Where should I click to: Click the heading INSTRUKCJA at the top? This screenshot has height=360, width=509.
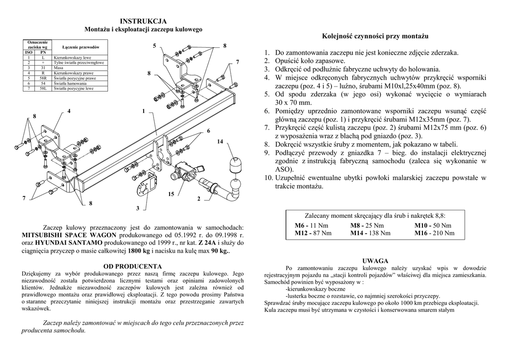point(143,21)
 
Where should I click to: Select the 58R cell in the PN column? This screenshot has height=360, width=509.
point(43,78)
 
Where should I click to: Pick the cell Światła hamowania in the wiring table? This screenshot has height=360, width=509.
point(69,84)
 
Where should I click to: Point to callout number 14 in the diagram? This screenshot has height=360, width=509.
point(220,142)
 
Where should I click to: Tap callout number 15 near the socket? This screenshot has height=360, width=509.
point(171,194)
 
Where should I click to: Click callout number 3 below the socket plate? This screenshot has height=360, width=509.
point(137,207)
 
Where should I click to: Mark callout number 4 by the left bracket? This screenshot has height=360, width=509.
point(69,110)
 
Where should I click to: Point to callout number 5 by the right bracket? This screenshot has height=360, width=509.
point(155,46)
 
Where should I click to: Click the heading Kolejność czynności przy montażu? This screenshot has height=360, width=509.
point(375,37)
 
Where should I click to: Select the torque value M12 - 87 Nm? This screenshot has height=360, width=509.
point(312,233)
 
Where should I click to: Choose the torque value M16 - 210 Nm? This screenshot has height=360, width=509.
point(434,233)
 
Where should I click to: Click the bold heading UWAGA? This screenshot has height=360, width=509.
point(375,261)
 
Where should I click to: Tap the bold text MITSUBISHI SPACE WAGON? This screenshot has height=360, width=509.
point(70,235)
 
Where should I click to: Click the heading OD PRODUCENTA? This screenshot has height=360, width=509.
point(133,266)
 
